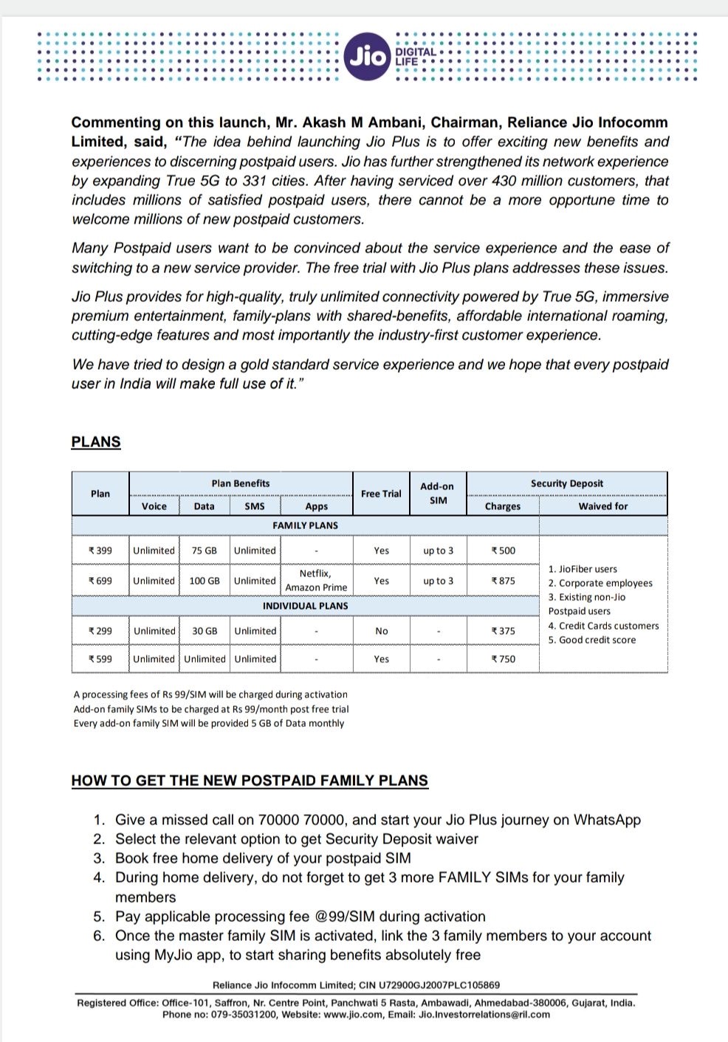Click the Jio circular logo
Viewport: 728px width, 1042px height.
(367, 56)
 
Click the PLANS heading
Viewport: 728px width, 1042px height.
(96, 442)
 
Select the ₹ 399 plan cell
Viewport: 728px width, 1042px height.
(100, 551)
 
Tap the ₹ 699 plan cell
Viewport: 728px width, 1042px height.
(100, 581)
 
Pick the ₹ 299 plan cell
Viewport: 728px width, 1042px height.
(100, 631)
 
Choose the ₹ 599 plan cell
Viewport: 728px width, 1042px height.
(100, 659)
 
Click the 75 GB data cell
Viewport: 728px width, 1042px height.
(205, 551)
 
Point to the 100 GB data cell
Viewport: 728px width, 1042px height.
(205, 581)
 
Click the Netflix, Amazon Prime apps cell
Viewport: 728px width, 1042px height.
(316, 581)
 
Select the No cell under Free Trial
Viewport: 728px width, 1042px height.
(381, 631)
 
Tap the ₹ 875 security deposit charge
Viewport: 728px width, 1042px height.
(504, 581)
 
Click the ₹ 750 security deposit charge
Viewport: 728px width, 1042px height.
(504, 659)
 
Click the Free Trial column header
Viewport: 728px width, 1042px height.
(381, 494)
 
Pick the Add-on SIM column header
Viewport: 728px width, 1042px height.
(438, 494)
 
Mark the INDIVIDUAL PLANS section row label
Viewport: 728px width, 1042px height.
(306, 606)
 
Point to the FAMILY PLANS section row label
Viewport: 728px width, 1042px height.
(306, 525)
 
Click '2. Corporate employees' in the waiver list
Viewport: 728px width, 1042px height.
(600, 583)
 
